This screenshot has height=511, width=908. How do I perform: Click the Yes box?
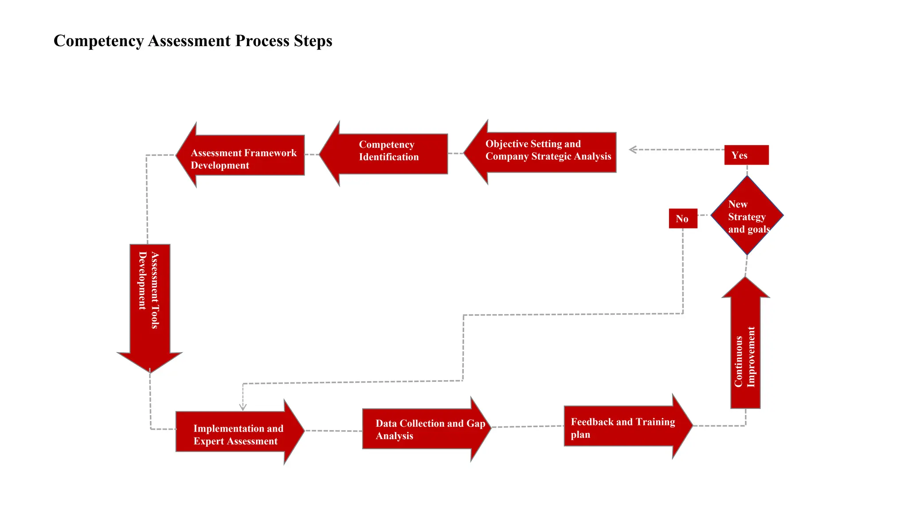tap(746, 155)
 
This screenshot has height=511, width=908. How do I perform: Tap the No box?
tap(683, 219)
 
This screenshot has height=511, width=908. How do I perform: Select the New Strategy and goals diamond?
tap(747, 216)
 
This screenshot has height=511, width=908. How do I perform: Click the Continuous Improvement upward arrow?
tap(745, 350)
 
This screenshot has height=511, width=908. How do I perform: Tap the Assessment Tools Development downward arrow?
tap(150, 302)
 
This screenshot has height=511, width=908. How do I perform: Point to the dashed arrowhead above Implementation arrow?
tap(243, 407)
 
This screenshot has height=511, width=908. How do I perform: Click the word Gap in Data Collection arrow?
tap(476, 423)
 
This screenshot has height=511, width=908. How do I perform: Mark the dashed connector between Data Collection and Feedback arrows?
tap(528, 427)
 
